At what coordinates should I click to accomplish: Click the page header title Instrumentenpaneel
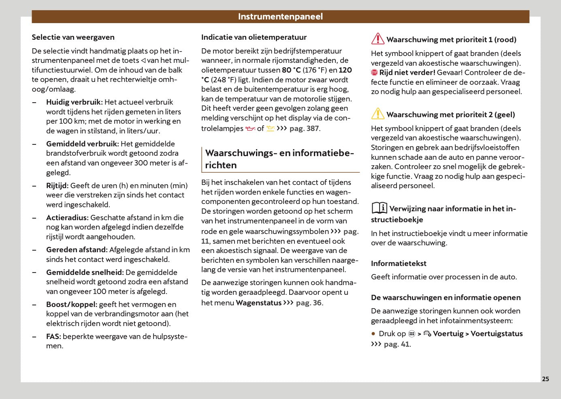[x=280, y=17]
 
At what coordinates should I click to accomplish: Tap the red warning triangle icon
[x=378, y=39]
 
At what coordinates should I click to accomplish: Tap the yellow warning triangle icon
[x=378, y=114]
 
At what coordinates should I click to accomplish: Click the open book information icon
[x=379, y=208]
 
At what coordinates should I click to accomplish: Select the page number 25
[x=545, y=379]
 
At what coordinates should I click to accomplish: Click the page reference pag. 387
[x=304, y=129]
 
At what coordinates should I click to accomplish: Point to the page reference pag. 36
[x=309, y=303]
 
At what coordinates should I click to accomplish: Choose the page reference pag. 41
[x=397, y=344]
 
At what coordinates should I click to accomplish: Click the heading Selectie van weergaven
[x=73, y=37]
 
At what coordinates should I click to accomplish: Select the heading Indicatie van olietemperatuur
[x=254, y=37]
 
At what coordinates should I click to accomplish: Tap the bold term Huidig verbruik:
[x=75, y=102]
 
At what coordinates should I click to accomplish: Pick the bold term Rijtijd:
[x=57, y=186]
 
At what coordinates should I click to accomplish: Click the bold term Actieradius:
[x=67, y=218]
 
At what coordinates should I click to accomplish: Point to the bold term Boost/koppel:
[x=72, y=305]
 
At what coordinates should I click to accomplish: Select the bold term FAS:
[x=53, y=337]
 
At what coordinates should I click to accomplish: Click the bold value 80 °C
[x=291, y=70]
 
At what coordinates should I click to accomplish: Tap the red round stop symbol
[x=374, y=73]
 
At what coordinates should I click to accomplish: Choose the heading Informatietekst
[x=399, y=264]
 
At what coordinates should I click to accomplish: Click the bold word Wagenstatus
[x=258, y=303]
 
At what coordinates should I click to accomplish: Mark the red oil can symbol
[x=250, y=129]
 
